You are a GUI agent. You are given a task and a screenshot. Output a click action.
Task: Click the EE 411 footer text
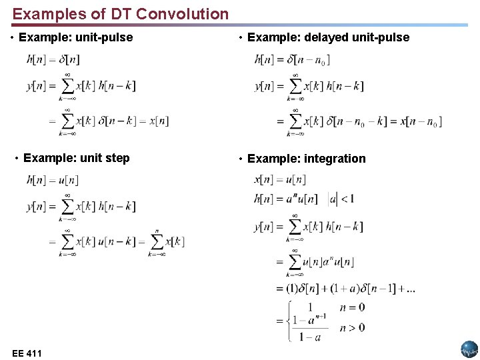tap(27, 353)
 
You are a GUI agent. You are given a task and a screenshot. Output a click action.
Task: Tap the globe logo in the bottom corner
tap(469, 349)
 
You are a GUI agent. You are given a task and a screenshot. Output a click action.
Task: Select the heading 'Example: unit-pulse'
tap(75, 37)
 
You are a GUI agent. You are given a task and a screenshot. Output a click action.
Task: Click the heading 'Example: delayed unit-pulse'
tap(328, 37)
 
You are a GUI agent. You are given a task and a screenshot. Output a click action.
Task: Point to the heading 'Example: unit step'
tap(76, 158)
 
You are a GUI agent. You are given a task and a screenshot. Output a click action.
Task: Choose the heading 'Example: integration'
tap(306, 159)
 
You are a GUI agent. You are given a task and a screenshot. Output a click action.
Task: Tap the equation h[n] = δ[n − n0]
tap(292, 59)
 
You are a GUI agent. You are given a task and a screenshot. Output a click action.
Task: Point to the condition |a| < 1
tap(341, 198)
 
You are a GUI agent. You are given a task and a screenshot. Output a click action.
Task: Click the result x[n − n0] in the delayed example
tap(420, 121)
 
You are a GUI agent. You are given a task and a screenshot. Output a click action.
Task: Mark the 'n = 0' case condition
tap(352, 307)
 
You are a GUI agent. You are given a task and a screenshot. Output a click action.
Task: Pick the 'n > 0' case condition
tap(352, 327)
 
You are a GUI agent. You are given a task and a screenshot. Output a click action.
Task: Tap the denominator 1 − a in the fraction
tap(309, 337)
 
